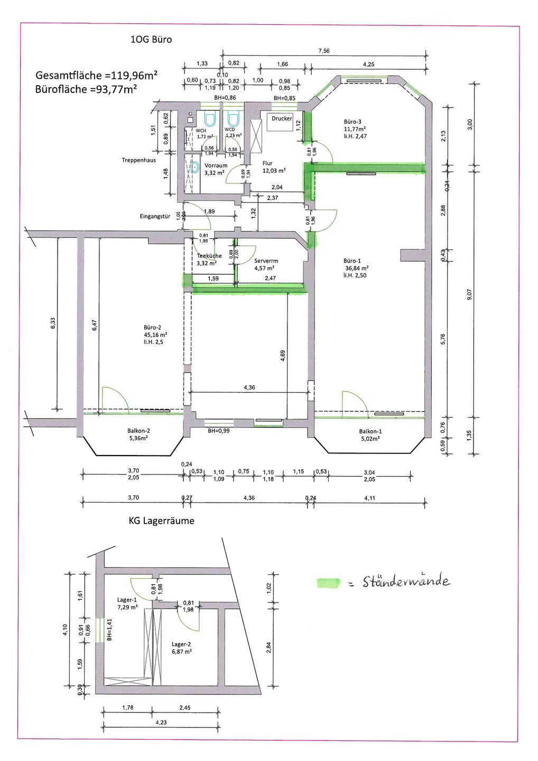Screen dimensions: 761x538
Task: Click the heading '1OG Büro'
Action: [151, 40]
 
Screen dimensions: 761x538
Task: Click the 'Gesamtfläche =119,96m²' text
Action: [96, 75]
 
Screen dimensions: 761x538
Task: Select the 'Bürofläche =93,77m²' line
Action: [86, 89]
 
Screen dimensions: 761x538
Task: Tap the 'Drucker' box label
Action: [282, 118]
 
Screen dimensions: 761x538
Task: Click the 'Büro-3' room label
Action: [353, 122]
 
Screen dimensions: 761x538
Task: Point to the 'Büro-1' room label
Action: [352, 261]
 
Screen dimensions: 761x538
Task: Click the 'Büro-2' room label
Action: [152, 328]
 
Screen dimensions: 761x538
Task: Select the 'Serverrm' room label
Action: [266, 261]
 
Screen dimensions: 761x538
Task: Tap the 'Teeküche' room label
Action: [209, 256]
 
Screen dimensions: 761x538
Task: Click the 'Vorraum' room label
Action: [216, 165]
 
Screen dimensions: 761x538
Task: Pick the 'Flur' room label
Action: [267, 163]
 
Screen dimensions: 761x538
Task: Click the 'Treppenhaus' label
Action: [138, 160]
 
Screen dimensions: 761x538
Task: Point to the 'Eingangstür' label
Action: [155, 216]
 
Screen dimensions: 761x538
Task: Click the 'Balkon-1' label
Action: [370, 431]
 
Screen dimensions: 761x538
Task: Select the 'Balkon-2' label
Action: [138, 431]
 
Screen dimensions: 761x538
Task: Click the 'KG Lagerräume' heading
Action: [161, 521]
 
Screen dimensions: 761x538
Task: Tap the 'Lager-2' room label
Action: [181, 644]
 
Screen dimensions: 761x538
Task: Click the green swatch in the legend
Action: [328, 583]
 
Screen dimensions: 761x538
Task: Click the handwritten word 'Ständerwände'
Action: [406, 582]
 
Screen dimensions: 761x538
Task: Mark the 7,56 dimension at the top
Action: [324, 51]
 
